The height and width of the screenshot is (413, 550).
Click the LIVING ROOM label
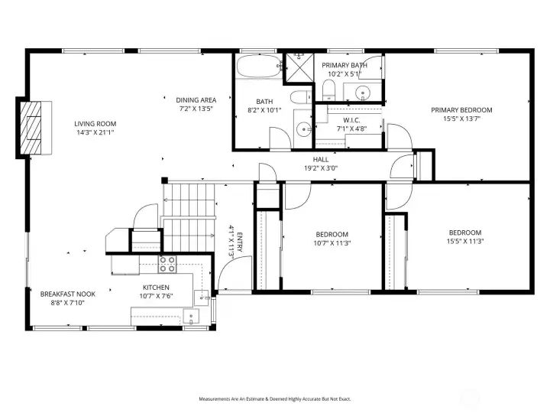coord(95,124)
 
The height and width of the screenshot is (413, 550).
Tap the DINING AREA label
coord(196,100)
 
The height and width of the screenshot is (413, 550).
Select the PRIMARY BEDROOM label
coord(461,110)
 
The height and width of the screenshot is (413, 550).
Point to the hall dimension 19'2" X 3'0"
coord(321,168)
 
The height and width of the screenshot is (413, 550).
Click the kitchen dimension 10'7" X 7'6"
coord(156,296)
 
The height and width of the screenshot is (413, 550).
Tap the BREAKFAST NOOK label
coord(68,294)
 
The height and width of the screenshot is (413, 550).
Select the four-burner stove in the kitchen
coord(167,265)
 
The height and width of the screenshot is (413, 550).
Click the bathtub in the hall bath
coord(259,66)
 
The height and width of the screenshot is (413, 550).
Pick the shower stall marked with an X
coord(299,68)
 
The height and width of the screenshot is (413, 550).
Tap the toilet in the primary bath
coord(328,89)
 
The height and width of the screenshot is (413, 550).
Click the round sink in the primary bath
coord(362,93)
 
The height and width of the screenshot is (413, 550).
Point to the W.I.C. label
coord(351,120)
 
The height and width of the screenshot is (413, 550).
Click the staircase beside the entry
coord(189,217)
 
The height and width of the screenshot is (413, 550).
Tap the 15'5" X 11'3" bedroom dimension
coord(465,241)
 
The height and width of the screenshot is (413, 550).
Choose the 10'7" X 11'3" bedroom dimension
coord(332,243)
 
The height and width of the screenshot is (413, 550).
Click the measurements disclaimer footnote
coord(275,399)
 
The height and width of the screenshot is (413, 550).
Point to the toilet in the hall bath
coord(301,96)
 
